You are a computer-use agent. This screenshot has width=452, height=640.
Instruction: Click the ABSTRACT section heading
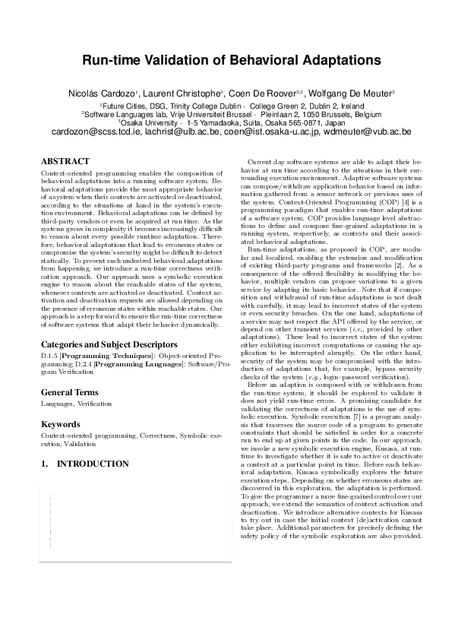pyautogui.click(x=65, y=162)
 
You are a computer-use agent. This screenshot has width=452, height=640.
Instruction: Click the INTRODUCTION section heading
pyautogui.click(x=93, y=463)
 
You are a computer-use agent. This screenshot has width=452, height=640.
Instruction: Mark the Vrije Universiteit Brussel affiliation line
pyautogui.click(x=226, y=113)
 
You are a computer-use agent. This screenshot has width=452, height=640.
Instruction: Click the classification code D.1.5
pyautogui.click(x=50, y=355)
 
